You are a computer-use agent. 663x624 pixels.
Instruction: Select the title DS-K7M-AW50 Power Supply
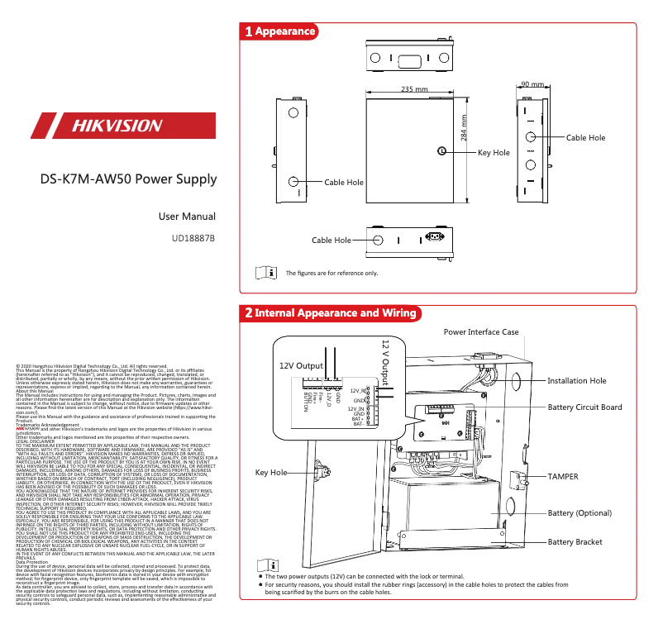[x=128, y=179]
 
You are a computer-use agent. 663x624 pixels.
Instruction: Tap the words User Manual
[x=187, y=217]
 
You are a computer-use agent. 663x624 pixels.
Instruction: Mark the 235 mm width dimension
[x=413, y=89]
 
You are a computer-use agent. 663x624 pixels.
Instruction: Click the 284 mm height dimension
[x=465, y=128]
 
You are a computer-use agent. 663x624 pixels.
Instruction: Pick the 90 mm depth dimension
[x=532, y=84]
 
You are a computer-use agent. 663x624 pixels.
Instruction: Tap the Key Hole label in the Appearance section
[x=494, y=153]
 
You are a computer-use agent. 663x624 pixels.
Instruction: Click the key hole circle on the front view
[x=442, y=151]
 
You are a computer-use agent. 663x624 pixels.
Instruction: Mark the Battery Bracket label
[x=575, y=542]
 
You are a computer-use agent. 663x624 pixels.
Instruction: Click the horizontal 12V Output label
[x=300, y=365]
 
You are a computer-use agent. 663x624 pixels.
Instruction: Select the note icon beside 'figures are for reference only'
[x=265, y=272]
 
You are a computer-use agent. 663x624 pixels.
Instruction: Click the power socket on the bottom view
[x=431, y=239]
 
